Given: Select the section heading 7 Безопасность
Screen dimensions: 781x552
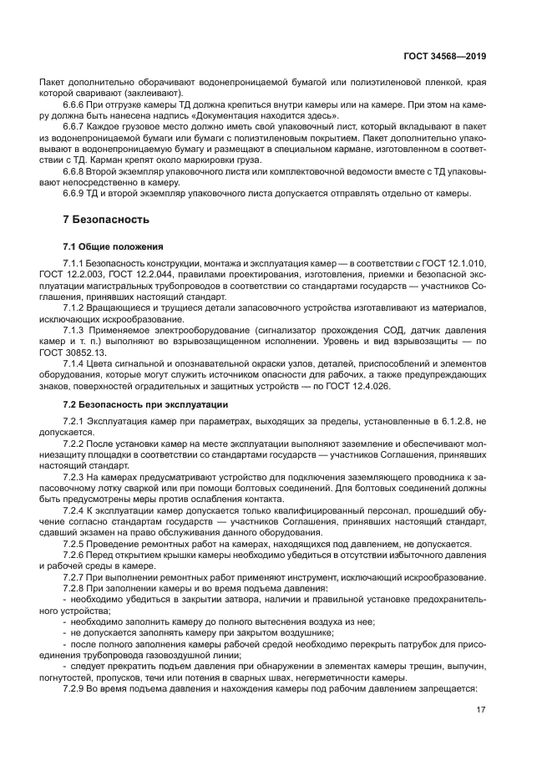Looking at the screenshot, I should [106, 220].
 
